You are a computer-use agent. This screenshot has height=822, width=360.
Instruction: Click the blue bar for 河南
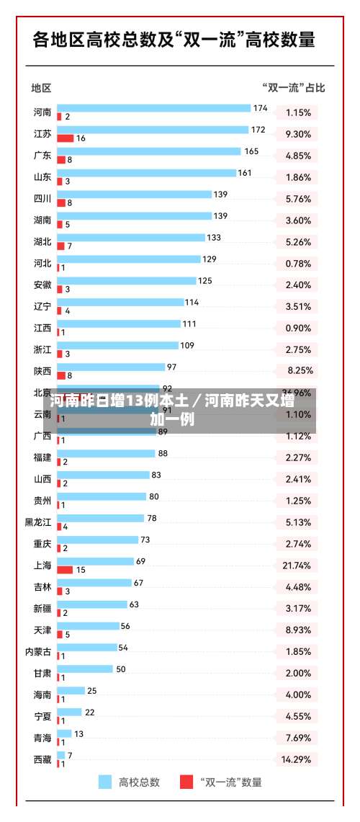pyautogui.click(x=153, y=108)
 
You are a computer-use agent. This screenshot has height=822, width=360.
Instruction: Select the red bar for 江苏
pyautogui.click(x=66, y=138)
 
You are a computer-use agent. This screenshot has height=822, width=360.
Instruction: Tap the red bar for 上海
pyautogui.click(x=65, y=569)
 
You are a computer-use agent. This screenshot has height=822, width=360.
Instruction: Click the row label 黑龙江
pyautogui.click(x=38, y=522)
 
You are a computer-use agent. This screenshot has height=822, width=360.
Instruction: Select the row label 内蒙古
pyautogui.click(x=38, y=652)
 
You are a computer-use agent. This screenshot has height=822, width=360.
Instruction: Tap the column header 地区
pyautogui.click(x=41, y=88)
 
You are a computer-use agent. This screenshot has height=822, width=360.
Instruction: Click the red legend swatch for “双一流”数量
pyautogui.click(x=186, y=782)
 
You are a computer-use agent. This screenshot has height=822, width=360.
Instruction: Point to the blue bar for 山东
pyautogui.click(x=146, y=173)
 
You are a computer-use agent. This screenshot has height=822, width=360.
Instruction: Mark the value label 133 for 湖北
pyautogui.click(x=214, y=238)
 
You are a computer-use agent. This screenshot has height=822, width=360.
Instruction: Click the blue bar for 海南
pyautogui.click(x=71, y=691)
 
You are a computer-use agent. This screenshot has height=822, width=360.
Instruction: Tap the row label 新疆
pyautogui.click(x=42, y=609)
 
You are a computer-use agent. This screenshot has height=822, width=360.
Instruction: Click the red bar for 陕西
pyautogui.click(x=61, y=375)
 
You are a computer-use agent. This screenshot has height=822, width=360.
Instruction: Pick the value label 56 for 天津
pyautogui.click(x=125, y=626)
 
